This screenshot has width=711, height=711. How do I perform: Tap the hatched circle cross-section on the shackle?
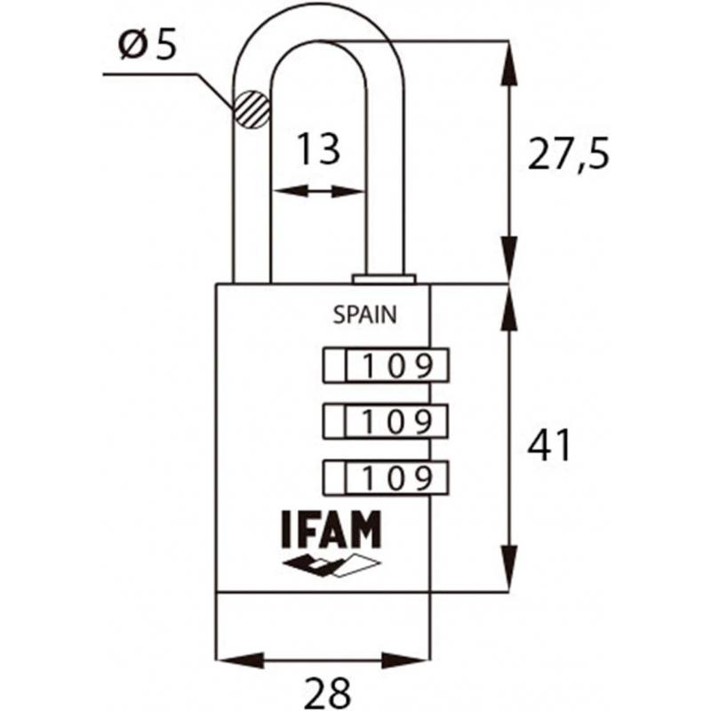coord(251,110)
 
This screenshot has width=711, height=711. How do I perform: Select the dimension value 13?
coord(317,150)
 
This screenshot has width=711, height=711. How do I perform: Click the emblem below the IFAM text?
coord(331,563)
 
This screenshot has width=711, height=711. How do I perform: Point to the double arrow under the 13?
coord(317,191)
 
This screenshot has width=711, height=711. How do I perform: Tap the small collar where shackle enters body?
coord(384,278)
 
